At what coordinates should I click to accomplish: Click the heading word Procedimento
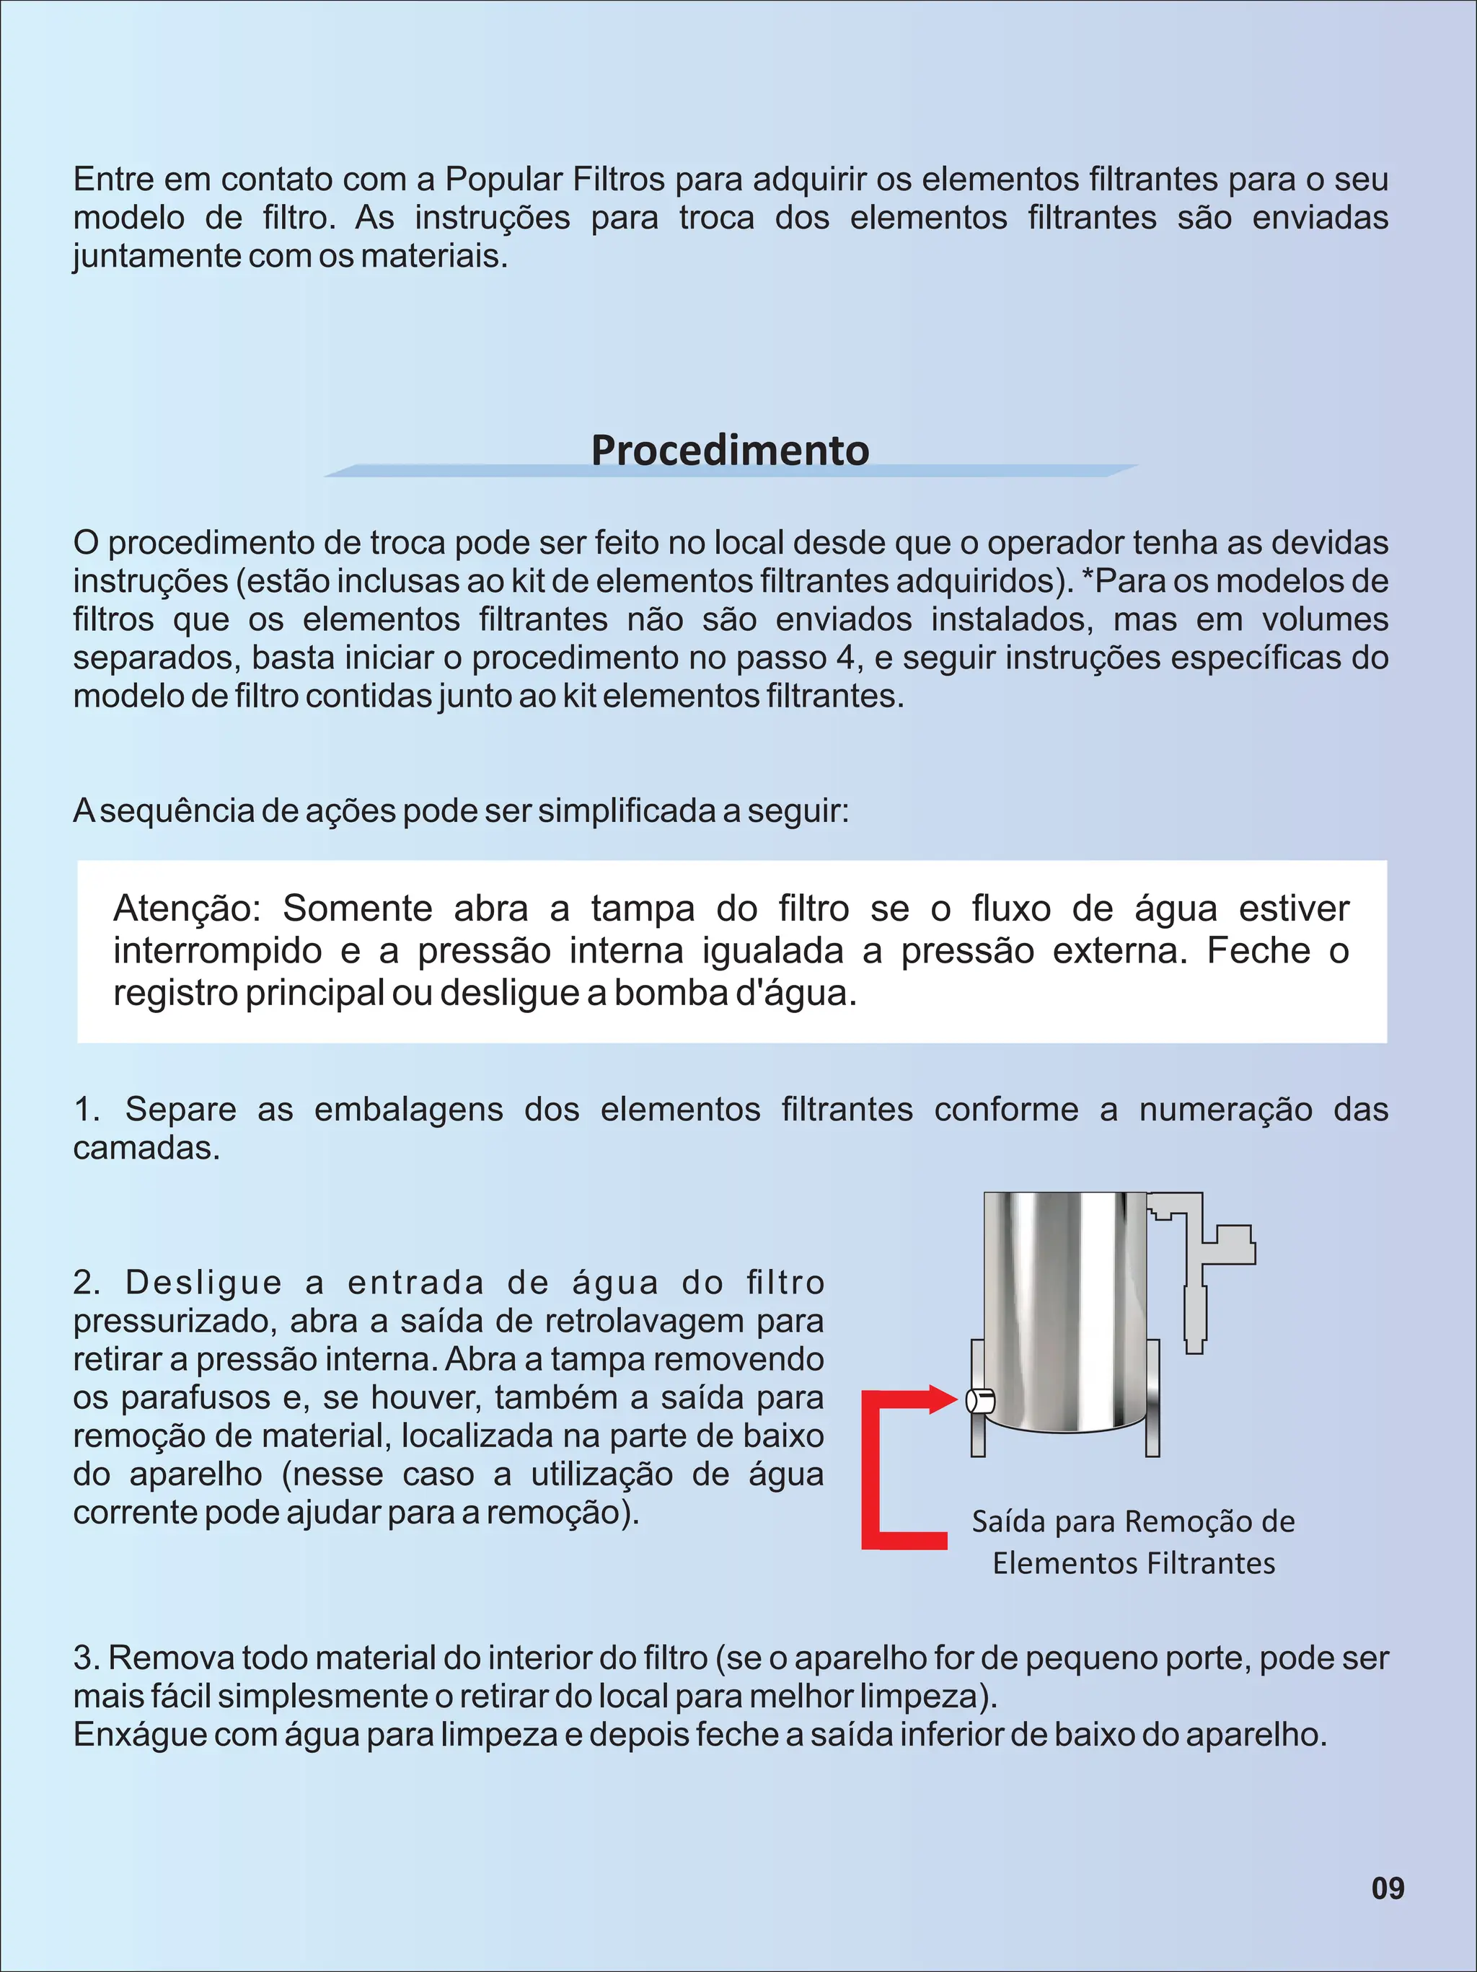[730, 449]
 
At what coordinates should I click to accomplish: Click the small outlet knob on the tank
[980, 1402]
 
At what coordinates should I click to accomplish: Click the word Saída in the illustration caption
[1010, 1521]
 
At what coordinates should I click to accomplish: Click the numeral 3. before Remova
[87, 1658]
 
